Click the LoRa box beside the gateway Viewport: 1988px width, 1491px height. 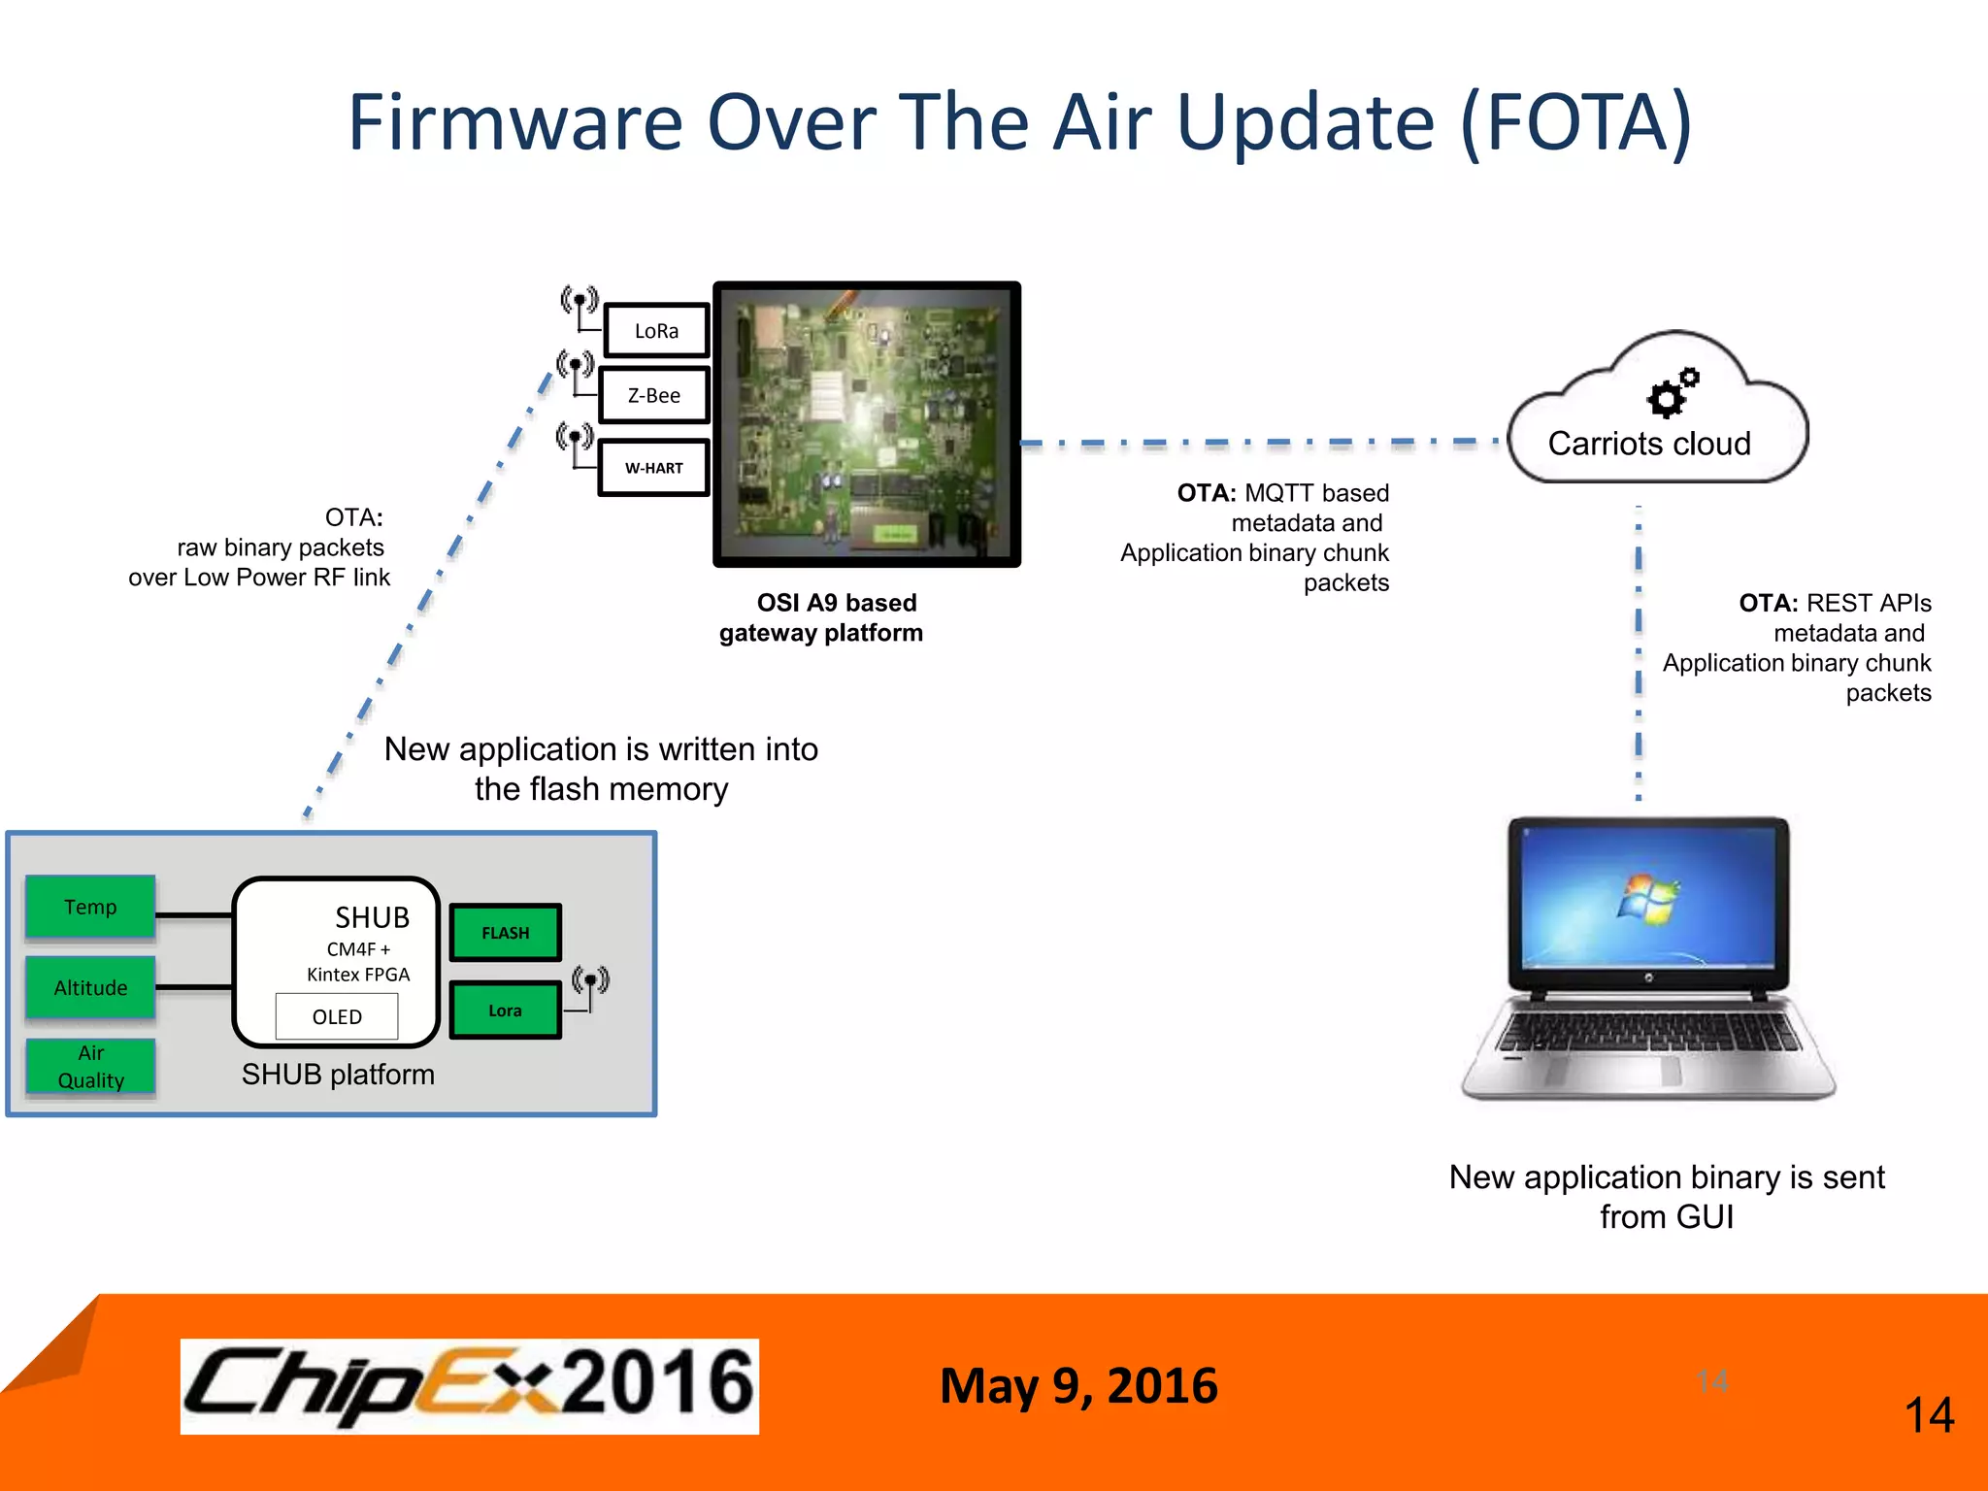[656, 331]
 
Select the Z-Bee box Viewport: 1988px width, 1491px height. [654, 395]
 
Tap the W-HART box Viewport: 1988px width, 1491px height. [653, 468]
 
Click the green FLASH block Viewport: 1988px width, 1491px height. [506, 933]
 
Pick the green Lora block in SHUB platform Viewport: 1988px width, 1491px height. [505, 1011]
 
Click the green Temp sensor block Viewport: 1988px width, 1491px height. [90, 907]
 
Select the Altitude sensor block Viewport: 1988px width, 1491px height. [90, 987]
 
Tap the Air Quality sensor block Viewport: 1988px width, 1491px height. [90, 1066]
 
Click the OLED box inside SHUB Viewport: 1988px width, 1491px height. [337, 1016]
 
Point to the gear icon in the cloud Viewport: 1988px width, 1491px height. [1672, 393]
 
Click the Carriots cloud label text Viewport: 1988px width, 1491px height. [1649, 444]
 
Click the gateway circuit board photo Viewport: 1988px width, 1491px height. [867, 424]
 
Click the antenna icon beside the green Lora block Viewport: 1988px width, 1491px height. [590, 986]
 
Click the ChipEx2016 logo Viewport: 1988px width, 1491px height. [470, 1385]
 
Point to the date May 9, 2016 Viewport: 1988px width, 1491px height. [1078, 1385]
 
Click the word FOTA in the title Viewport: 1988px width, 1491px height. [1576, 123]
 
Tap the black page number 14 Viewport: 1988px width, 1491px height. [1929, 1415]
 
